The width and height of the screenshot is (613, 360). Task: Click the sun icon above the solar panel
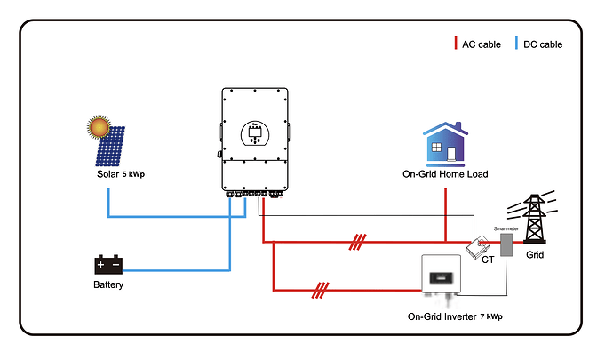pyautogui.click(x=100, y=128)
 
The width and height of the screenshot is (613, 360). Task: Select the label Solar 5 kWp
pyautogui.click(x=121, y=174)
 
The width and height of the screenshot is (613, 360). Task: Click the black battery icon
pyautogui.click(x=108, y=265)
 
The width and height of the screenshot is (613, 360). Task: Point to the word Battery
pyautogui.click(x=108, y=285)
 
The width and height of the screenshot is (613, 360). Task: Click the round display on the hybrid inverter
pyautogui.click(x=255, y=132)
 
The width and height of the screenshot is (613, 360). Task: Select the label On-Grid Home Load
pyautogui.click(x=445, y=174)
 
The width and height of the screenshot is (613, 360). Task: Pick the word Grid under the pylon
pyautogui.click(x=535, y=255)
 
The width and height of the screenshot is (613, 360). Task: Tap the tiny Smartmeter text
pyautogui.click(x=506, y=228)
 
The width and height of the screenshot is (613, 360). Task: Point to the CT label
pyautogui.click(x=488, y=260)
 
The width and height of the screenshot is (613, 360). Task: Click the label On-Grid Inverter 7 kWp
pyautogui.click(x=454, y=316)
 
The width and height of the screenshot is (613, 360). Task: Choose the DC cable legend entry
pyautogui.click(x=539, y=44)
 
